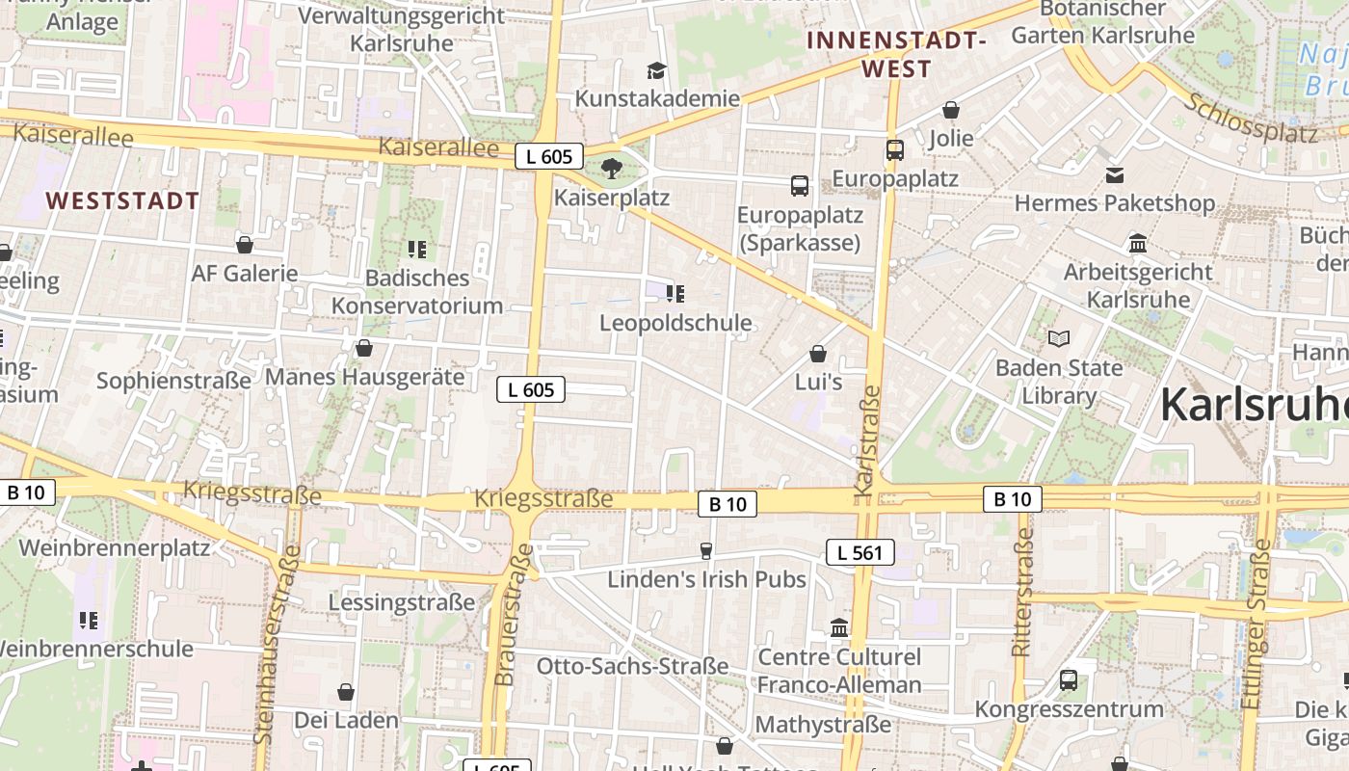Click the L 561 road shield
point(860,552)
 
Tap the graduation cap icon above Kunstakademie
point(656,70)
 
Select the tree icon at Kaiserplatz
point(611,171)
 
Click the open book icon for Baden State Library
point(1059,338)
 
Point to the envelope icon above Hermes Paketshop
point(1115,175)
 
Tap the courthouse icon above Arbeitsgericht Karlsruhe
point(1138,243)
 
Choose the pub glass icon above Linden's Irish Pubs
point(706,550)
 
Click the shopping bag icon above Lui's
point(818,354)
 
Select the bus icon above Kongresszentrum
point(1069,680)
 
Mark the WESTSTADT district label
point(122,201)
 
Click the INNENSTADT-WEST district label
point(897,54)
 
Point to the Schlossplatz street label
point(1252,119)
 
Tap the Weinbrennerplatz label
point(114,547)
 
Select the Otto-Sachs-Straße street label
point(632,666)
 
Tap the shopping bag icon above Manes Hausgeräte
point(364,348)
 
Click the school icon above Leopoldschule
point(675,294)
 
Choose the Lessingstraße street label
point(402,602)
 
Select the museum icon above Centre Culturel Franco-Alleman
point(839,628)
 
